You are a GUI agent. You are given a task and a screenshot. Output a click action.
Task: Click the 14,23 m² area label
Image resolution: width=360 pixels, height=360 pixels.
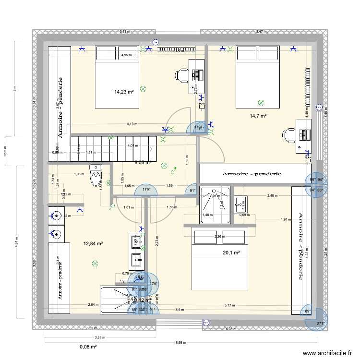click(123, 92)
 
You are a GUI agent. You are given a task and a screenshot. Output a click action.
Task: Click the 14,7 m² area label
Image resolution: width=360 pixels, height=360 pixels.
click(258, 116)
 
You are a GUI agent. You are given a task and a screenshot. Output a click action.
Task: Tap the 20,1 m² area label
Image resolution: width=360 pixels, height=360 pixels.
click(231, 253)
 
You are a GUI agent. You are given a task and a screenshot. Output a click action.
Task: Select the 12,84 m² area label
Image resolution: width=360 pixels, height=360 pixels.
click(93, 243)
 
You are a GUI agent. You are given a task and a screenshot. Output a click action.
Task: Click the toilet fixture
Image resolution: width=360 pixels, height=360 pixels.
click(96, 176)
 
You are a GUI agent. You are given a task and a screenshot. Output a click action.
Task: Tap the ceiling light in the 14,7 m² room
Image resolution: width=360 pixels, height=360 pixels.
click(261, 102)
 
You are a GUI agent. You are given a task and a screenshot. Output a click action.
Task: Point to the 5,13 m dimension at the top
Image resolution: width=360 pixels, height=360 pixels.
click(124, 32)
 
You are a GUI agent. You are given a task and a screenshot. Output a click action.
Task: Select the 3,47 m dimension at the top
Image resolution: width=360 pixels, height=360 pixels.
click(261, 32)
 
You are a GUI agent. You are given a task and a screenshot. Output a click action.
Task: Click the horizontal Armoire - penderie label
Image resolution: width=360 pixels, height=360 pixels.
click(252, 173)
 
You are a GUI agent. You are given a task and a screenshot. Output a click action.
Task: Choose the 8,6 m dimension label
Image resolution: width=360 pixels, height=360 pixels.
click(179, 310)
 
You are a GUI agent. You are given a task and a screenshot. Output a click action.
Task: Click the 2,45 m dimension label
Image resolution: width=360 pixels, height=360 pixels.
click(273, 196)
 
